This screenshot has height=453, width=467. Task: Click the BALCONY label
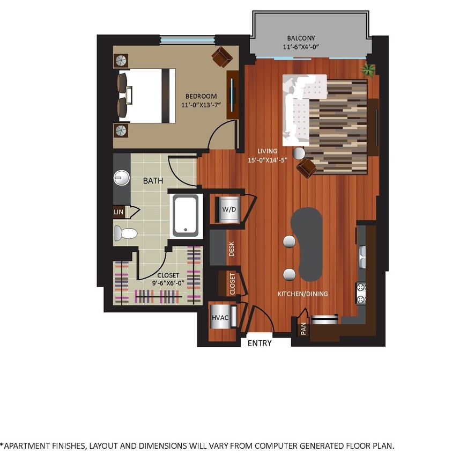click(301, 38)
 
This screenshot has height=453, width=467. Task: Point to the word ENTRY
click(260, 344)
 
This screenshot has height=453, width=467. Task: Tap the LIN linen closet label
click(118, 212)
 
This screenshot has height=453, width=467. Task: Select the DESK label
click(232, 249)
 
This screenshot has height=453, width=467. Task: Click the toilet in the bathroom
click(125, 233)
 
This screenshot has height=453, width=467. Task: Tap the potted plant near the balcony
click(368, 69)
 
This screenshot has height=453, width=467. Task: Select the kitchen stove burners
click(361, 293)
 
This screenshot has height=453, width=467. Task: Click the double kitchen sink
click(362, 257)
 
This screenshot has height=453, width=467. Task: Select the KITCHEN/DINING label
click(302, 294)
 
